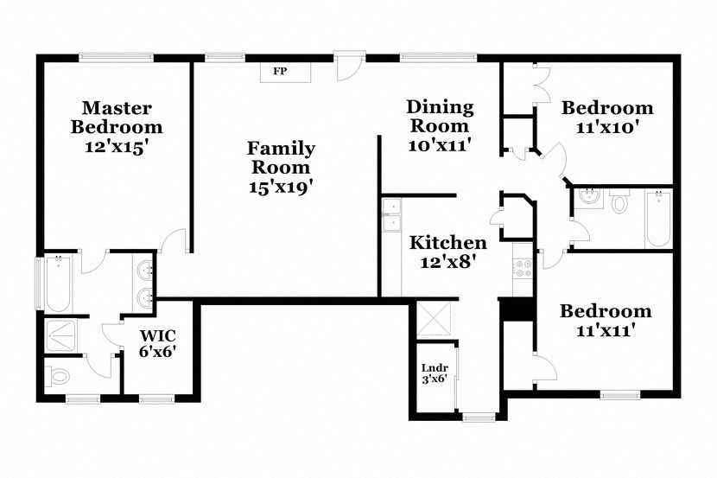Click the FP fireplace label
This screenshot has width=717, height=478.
[280, 71]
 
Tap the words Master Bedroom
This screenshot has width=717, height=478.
[117, 118]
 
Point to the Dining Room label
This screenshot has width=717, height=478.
[441, 116]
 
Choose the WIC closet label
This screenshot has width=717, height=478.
[158, 335]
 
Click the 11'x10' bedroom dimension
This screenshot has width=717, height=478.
[607, 126]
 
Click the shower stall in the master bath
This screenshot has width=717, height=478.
[63, 336]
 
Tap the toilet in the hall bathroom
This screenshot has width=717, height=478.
[619, 204]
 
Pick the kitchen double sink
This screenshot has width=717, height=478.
[391, 216]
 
